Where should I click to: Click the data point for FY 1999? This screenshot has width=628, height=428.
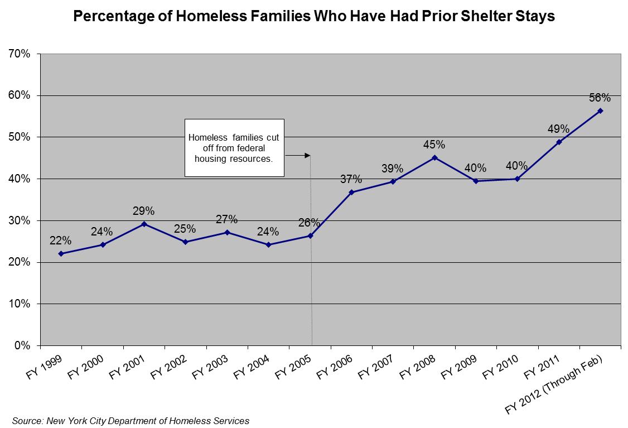pos(61,253)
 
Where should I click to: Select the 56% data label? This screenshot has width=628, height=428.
pos(600,98)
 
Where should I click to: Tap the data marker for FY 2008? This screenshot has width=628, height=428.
pos(434,157)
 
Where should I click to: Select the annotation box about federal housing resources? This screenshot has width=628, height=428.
pos(234,147)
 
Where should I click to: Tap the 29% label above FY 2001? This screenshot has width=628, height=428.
pos(143,211)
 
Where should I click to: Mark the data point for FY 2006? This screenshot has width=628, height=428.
pos(351,192)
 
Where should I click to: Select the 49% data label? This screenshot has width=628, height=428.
pos(558,129)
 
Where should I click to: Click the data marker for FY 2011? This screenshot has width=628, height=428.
pos(559,142)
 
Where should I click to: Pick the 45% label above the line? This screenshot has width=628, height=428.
pos(434,145)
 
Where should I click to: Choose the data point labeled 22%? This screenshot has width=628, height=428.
pos(61,253)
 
